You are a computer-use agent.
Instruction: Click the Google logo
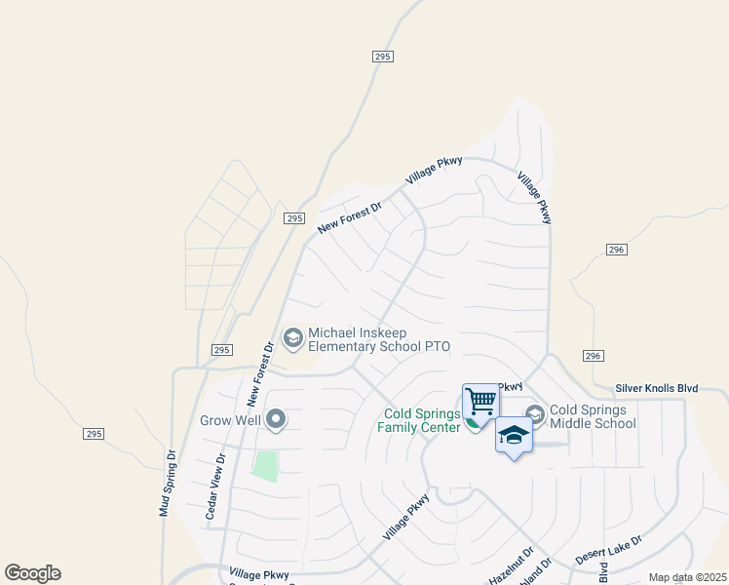tap(32, 573)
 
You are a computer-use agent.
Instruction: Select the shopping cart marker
tap(480, 401)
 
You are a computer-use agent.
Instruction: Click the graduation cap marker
tap(514, 436)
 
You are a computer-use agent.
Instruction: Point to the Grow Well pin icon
tap(276, 420)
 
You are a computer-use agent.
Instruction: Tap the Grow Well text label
tap(230, 421)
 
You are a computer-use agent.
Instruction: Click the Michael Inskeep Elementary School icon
tap(291, 337)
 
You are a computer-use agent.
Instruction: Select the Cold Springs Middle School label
tap(593, 416)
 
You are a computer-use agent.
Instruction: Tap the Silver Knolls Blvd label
tap(657, 388)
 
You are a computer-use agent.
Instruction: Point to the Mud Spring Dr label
tap(166, 483)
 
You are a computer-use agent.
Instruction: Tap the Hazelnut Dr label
tap(511, 566)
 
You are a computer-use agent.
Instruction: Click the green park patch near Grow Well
tap(264, 465)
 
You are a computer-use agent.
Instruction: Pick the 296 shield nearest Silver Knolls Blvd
tap(592, 356)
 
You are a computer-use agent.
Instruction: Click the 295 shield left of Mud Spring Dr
tap(94, 434)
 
